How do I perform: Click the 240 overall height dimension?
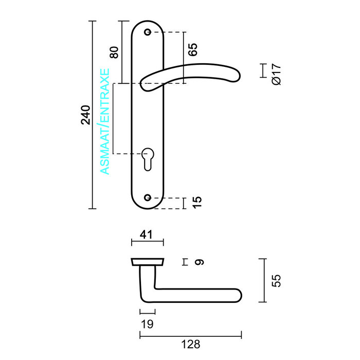[x=86, y=115]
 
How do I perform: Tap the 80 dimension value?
[x=114, y=52]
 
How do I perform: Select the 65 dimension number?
[x=193, y=50]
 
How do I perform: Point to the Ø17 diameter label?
[x=276, y=74]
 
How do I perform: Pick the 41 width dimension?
[x=147, y=235]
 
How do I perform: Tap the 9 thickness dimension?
[x=198, y=262]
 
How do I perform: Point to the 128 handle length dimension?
[x=190, y=345]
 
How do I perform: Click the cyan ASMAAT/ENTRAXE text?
[x=105, y=121]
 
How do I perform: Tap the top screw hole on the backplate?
[x=148, y=32]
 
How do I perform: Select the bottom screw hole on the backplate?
[x=148, y=197]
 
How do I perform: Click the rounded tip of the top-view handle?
[x=237, y=295]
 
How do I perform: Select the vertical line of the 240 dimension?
[x=93, y=154]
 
